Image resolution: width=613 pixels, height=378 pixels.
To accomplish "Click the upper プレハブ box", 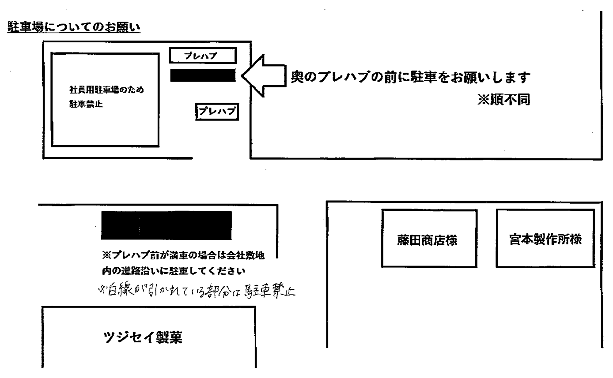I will pyautogui.click(x=202, y=56).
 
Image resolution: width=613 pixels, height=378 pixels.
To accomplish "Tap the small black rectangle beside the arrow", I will pyautogui.click(x=202, y=75).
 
